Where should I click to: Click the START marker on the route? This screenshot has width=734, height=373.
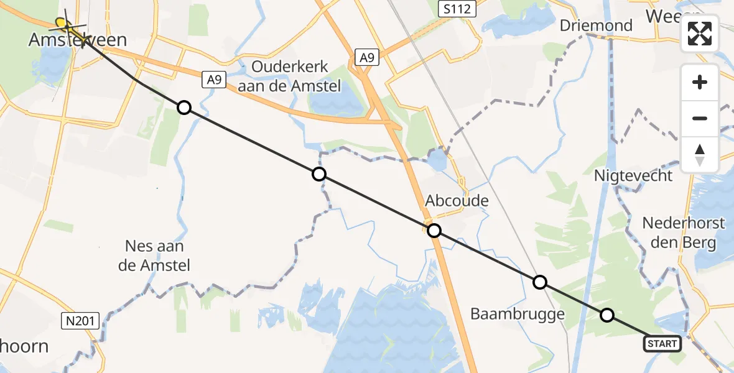click(662, 344)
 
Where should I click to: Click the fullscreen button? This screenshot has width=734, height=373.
click(700, 34)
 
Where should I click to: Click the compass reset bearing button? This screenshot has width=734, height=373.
click(700, 155)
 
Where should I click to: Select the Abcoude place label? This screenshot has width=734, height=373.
click(457, 201)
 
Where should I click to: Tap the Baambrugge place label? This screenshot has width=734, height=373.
click(518, 314)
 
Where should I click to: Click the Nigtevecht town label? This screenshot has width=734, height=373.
click(633, 175)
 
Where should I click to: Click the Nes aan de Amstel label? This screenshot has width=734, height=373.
click(154, 256)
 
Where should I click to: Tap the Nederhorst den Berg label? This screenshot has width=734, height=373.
click(683, 233)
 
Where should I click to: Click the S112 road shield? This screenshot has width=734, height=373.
click(457, 9)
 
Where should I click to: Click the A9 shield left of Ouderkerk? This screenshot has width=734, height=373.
click(214, 79)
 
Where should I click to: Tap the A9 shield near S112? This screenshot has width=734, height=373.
click(367, 57)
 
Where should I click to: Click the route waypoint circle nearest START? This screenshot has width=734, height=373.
click(607, 315)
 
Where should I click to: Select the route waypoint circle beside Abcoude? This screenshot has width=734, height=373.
click(434, 231)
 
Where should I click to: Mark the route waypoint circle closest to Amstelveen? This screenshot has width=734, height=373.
click(183, 108)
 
